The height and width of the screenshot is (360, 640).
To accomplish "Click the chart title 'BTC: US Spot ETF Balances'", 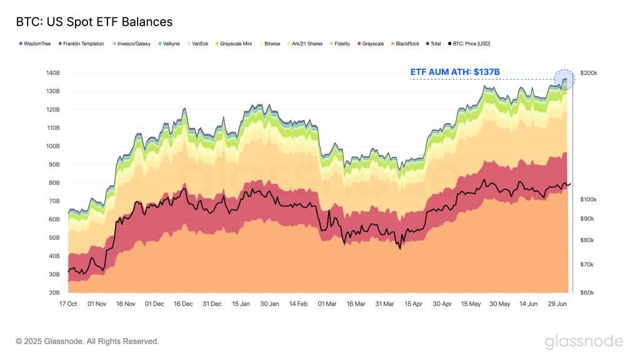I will click(x=93, y=22).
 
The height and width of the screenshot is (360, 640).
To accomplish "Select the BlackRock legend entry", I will click(x=407, y=44).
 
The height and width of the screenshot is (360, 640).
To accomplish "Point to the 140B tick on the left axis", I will click(x=52, y=73).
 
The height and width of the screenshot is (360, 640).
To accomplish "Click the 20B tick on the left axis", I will click(x=53, y=292).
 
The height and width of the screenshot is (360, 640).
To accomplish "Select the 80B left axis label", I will click(x=53, y=182).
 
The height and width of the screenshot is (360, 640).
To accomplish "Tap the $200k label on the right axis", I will click(x=589, y=73).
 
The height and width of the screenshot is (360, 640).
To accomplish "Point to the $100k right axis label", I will click(x=589, y=199).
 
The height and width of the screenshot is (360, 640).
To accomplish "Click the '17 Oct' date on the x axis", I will click(x=68, y=304).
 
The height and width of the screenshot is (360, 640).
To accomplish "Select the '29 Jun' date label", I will click(x=557, y=304).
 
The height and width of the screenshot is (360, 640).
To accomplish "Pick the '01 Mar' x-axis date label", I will click(x=327, y=304).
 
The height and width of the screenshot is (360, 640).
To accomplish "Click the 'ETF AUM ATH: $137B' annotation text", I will click(x=455, y=72).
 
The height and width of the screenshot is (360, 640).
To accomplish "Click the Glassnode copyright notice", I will click(x=87, y=341).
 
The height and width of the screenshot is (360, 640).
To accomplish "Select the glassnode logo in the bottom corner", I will click(x=584, y=341).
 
